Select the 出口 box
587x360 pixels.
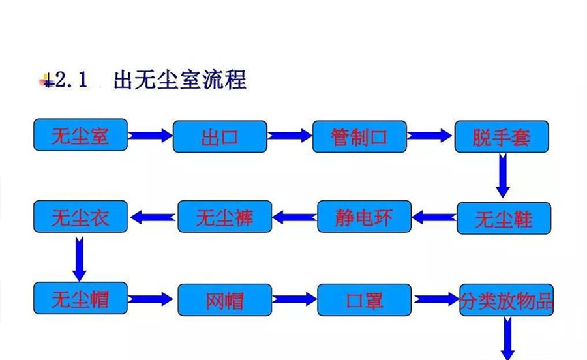pos(220,137)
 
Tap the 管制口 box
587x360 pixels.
pos(359,137)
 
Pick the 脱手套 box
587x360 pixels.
pos(502,137)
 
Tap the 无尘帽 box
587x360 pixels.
pos(80,299)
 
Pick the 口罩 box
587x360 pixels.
pos(365,300)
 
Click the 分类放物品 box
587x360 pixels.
pos(507,300)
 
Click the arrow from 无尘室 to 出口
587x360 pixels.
pos(150,136)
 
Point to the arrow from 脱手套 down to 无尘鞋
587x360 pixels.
pos(502,175)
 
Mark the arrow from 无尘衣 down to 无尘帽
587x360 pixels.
pos(80,257)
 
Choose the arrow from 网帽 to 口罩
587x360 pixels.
pos(294,299)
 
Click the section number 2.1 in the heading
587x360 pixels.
pos(71,81)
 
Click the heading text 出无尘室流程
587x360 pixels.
pos(179,80)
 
